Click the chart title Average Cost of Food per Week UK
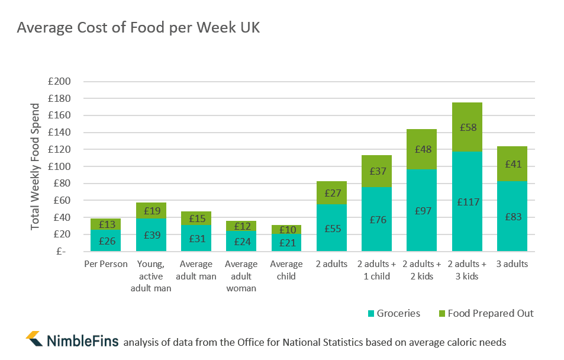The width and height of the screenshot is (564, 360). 138,28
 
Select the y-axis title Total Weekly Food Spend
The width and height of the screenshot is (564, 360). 36,166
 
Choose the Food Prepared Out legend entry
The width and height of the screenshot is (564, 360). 485,313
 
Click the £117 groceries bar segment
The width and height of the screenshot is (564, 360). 467,201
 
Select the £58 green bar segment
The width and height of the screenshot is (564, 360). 467,127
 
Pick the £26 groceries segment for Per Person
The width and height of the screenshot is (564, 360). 106,240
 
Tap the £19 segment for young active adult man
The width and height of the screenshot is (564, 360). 151,210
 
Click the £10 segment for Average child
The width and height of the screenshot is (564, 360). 286,229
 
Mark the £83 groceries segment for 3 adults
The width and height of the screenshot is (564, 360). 512,216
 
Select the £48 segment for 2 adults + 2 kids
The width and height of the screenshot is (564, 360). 421,149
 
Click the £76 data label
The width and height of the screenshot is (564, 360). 376,220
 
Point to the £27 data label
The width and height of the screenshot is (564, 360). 331,193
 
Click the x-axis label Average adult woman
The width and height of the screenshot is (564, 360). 241,276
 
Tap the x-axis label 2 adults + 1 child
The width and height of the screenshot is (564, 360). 376,270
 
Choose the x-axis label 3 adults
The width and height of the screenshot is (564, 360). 512,264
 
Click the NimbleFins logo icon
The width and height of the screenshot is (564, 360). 34,339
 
